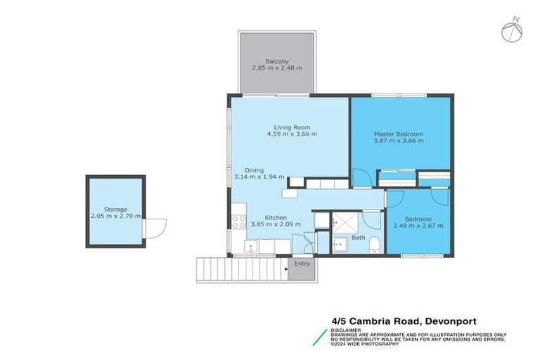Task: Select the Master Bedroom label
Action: point(398,134)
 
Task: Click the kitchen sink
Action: point(250,246)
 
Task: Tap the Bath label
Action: point(358,238)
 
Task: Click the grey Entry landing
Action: point(302,267)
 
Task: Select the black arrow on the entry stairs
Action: point(287,268)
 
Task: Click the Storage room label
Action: point(115,209)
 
